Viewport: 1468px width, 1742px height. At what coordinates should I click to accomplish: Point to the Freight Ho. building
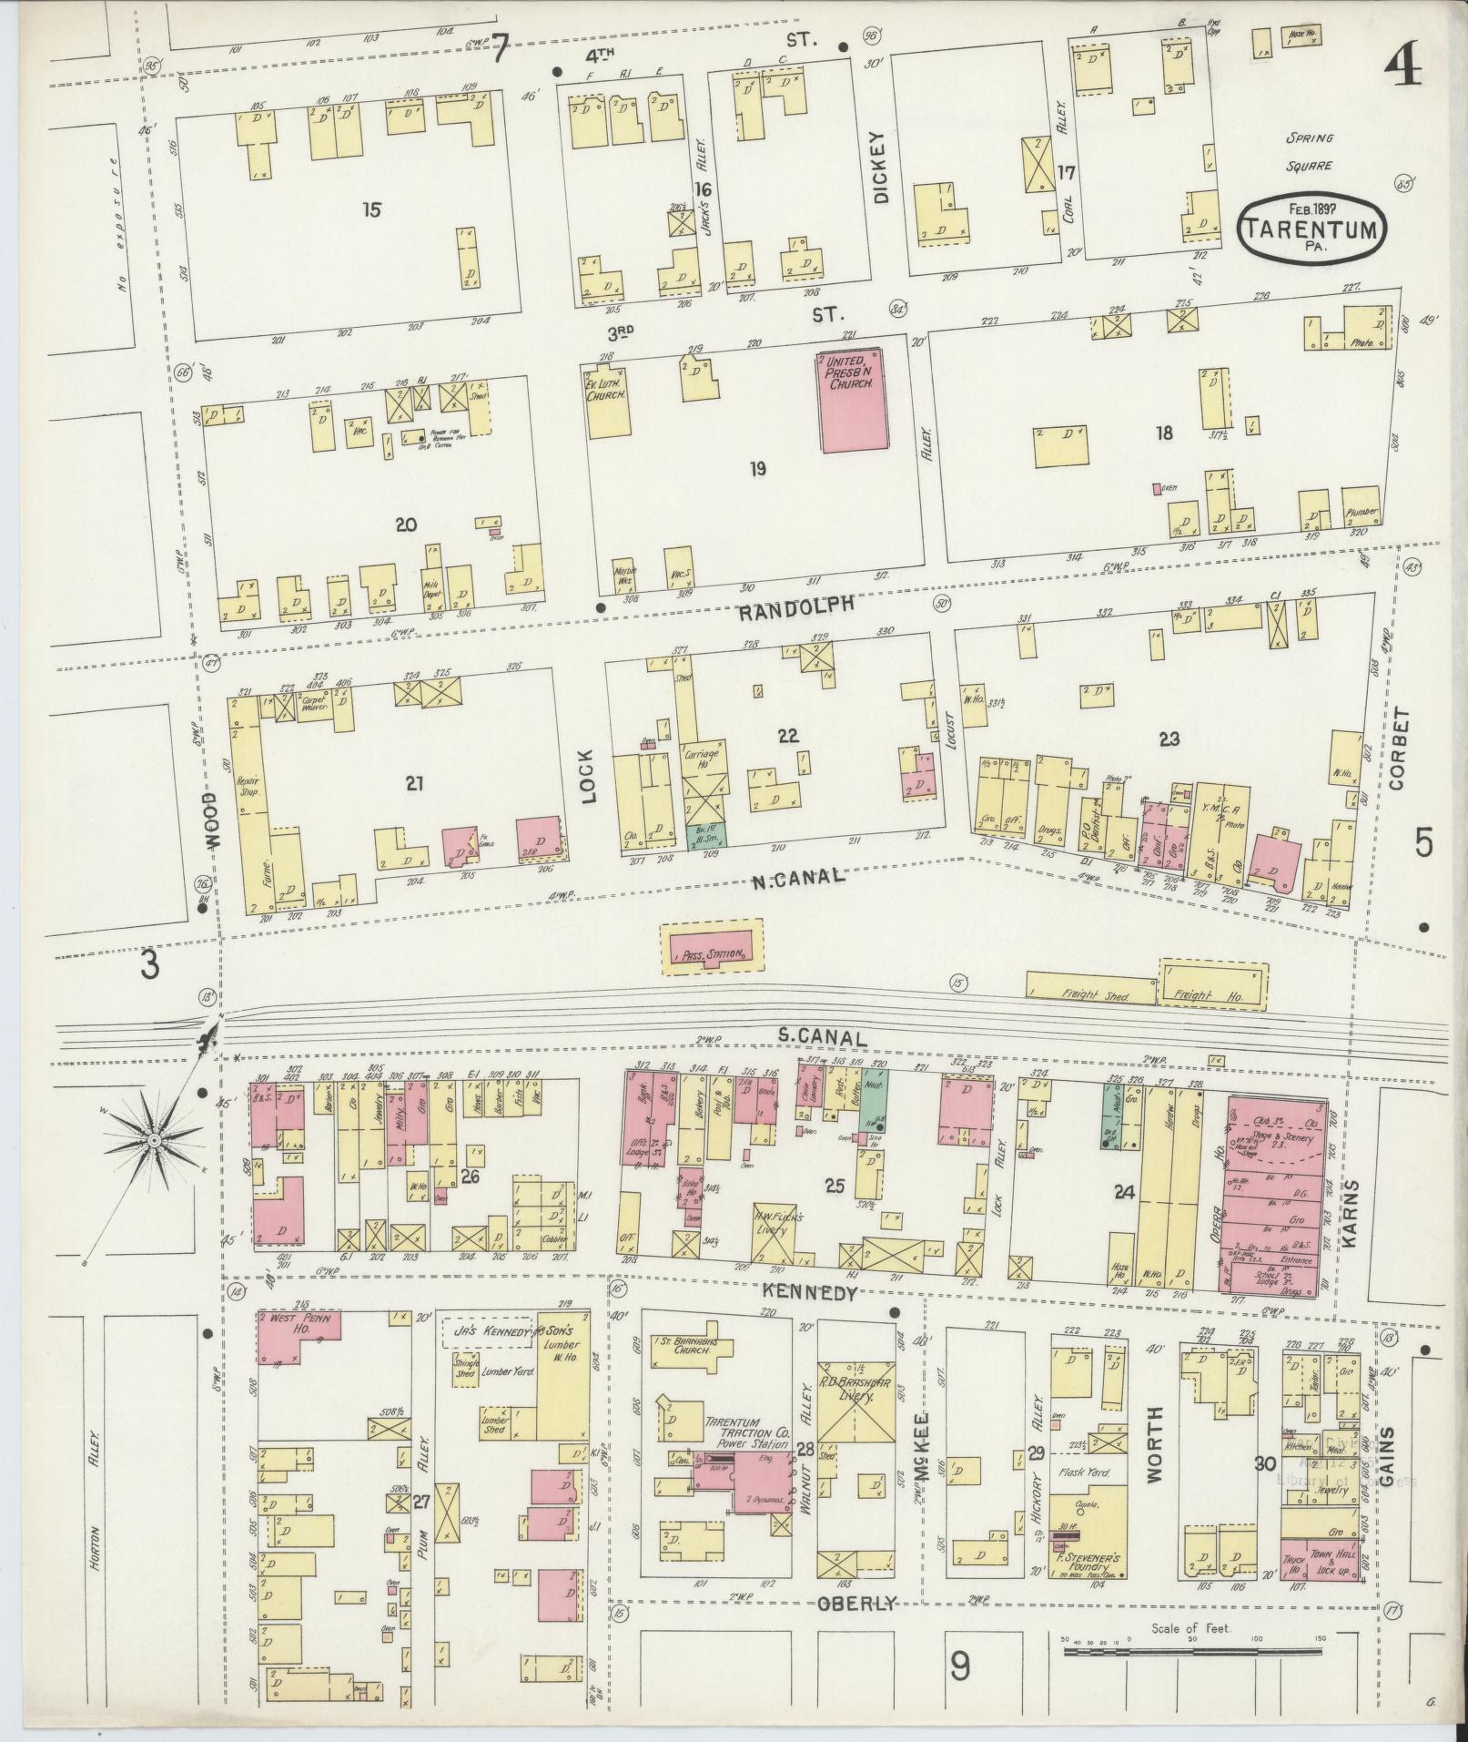[1212, 985]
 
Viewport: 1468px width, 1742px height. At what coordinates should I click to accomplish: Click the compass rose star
[155, 1139]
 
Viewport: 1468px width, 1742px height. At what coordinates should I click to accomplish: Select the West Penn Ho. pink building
[298, 1338]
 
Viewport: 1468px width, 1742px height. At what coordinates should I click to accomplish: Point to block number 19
[758, 469]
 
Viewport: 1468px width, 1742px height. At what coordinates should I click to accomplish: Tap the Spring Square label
[1310, 152]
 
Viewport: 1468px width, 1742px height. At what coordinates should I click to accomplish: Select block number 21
[415, 782]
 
